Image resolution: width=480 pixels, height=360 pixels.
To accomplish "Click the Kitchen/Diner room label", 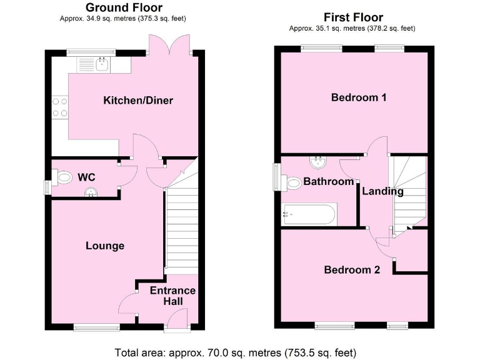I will click(138, 101).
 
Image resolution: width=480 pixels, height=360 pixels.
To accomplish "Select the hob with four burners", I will click(60, 107).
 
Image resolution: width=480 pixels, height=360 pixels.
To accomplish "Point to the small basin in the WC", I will click(92, 192).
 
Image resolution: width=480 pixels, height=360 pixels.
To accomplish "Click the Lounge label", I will click(105, 246).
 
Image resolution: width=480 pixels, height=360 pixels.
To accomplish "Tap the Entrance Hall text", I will click(172, 296).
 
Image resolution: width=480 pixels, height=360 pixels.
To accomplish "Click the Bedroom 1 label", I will click(354, 97).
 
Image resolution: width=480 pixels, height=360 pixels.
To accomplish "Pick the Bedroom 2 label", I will click(352, 270).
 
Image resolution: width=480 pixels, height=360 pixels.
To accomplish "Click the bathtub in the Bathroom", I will click(309, 215).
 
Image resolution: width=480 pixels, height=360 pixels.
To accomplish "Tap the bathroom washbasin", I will click(318, 163).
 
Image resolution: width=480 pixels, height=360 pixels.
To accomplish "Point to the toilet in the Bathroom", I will click(294, 183).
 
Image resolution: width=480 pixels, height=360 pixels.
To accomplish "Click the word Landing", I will click(383, 191).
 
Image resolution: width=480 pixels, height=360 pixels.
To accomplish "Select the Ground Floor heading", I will click(124, 8).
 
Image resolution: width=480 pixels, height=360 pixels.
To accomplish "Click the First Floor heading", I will click(353, 17).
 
